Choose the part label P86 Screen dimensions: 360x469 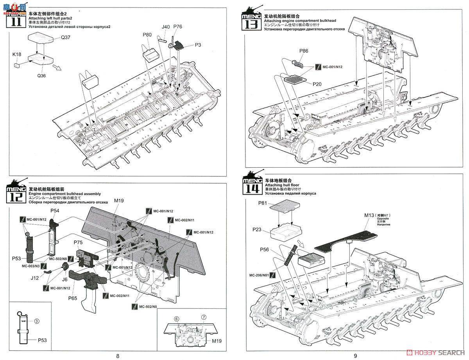coord(304,51)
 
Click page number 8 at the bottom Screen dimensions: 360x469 coord(118,355)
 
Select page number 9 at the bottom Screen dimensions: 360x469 coord(355,355)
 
